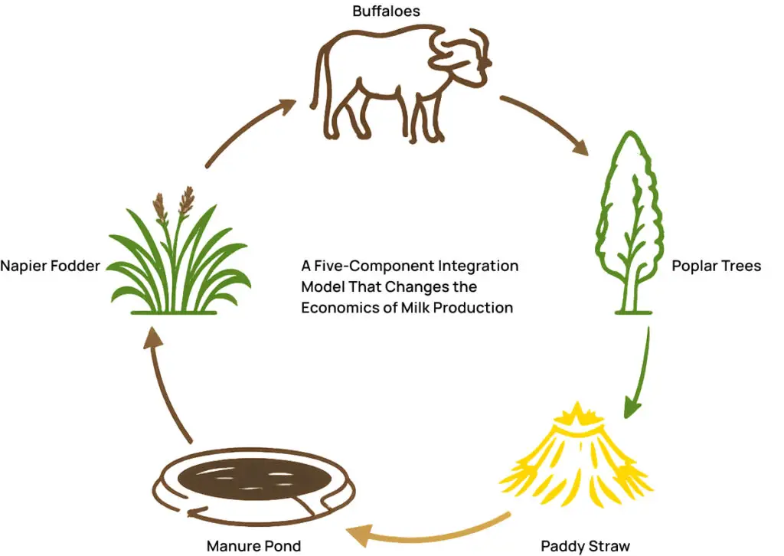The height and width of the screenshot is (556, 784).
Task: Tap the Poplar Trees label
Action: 716,267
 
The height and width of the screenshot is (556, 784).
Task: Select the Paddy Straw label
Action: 585,546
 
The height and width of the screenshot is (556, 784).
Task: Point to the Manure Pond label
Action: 253,546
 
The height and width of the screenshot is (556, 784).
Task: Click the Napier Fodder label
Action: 50,267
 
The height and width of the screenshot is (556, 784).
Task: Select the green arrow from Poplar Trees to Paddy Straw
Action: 640,375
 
